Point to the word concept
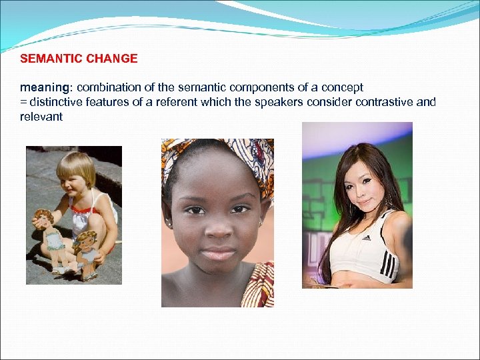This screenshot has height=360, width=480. pos(342,88)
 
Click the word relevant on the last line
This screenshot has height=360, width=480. pos(41,117)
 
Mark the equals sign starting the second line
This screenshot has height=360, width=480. pos(23,103)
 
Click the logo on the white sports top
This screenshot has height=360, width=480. pos(366,237)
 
